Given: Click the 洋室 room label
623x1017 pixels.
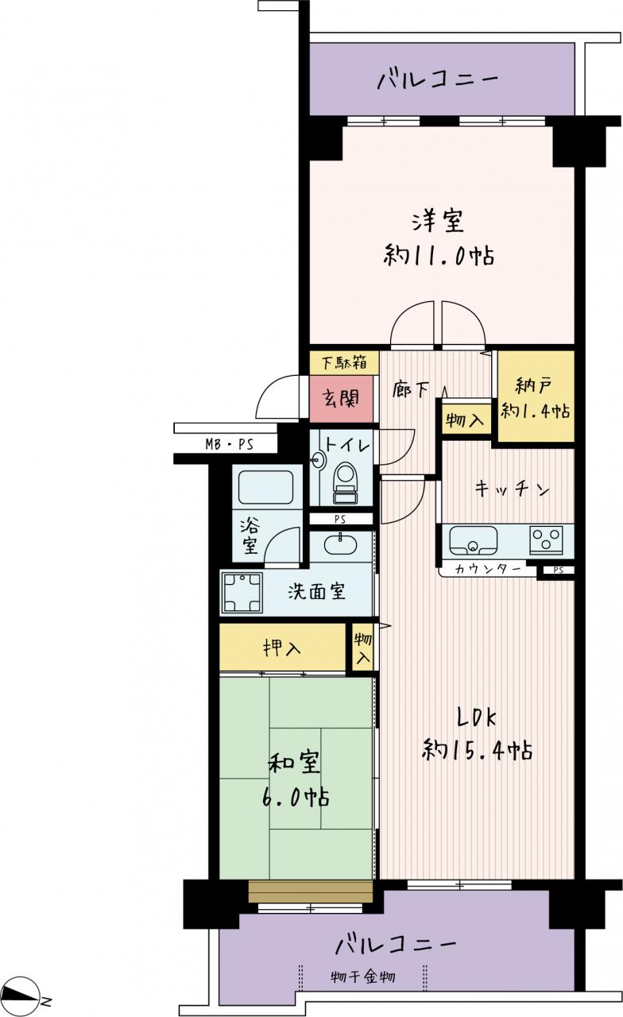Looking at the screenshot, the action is (438, 221).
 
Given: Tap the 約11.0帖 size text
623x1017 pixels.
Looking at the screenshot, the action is (439, 256).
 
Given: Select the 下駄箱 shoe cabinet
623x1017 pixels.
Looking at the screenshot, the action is (344, 363).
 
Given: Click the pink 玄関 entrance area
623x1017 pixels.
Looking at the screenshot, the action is (342, 399).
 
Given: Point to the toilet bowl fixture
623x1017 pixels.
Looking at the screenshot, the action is (346, 483).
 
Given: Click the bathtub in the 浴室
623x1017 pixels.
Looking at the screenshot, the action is (265, 487).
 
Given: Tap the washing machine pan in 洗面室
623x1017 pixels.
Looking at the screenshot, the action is (242, 593).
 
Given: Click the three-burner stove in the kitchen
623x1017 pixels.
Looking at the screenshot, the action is (545, 539).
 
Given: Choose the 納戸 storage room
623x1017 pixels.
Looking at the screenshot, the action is (536, 396).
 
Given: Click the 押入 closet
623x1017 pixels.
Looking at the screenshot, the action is (282, 648).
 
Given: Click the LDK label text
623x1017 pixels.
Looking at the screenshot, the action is (476, 717).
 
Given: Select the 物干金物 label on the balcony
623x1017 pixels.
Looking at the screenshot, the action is (363, 964).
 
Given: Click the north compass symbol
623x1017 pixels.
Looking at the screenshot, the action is (23, 994).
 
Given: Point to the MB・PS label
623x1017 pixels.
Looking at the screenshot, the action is (229, 444).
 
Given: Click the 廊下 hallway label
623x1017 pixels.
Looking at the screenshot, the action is (411, 390).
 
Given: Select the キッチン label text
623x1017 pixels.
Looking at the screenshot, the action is (513, 489).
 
